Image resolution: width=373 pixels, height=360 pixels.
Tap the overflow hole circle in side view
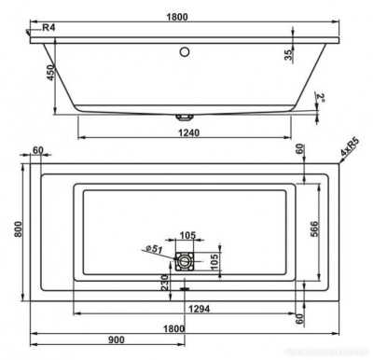click(x=185, y=53)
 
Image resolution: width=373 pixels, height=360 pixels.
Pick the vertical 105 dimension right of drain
click(x=216, y=260)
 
